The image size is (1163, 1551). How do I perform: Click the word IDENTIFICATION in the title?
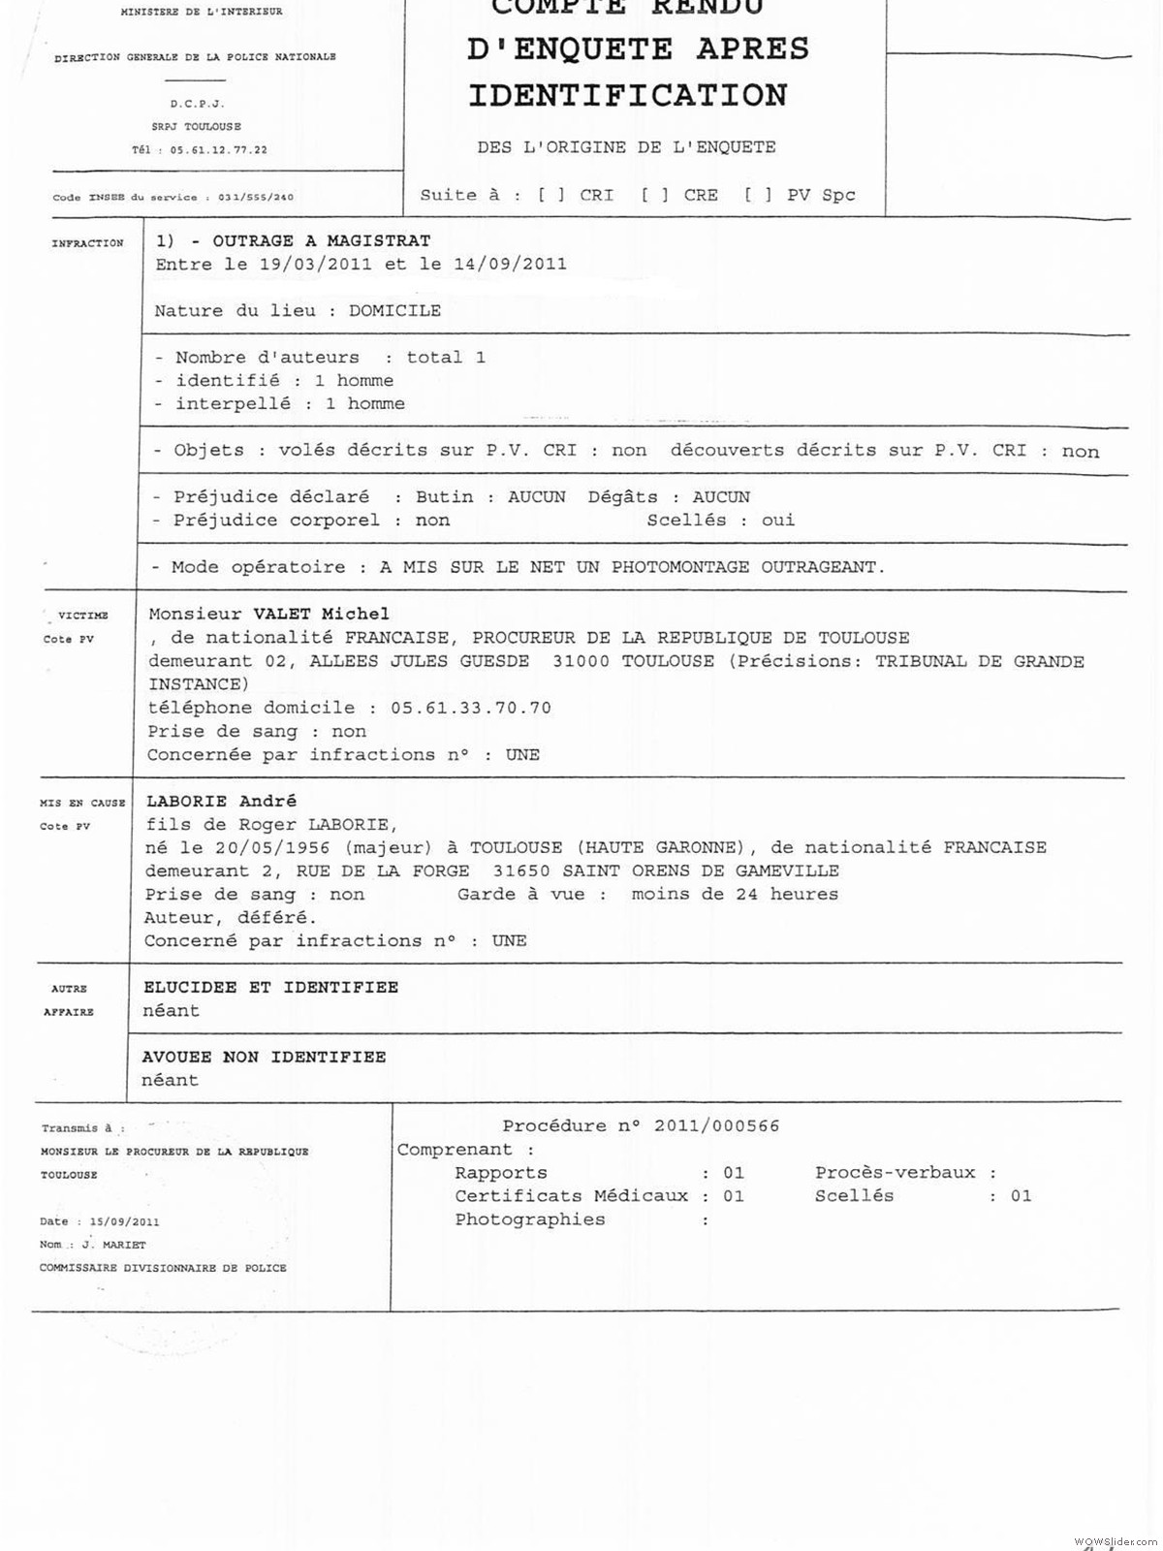point(628,96)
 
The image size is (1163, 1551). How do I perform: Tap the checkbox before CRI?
point(551,195)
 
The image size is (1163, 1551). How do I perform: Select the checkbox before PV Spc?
point(759,195)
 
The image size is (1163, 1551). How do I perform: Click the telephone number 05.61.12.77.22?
point(218,150)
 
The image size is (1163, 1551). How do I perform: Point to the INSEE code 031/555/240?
point(255,198)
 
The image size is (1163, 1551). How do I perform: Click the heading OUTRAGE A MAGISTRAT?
point(321,240)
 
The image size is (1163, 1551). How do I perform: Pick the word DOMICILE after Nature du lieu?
point(394,311)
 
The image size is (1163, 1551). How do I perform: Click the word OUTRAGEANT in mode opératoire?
point(822,567)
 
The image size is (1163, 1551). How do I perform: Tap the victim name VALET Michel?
point(321,614)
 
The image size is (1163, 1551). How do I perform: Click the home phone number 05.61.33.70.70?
point(471,708)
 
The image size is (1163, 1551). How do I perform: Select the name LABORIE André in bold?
point(221,801)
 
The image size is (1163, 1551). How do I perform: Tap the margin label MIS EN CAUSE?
point(82,803)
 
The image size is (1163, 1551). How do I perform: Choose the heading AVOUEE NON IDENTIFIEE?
point(264,1057)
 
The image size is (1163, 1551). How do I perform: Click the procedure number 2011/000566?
point(716,1126)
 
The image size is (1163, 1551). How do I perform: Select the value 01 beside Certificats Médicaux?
point(734,1196)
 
